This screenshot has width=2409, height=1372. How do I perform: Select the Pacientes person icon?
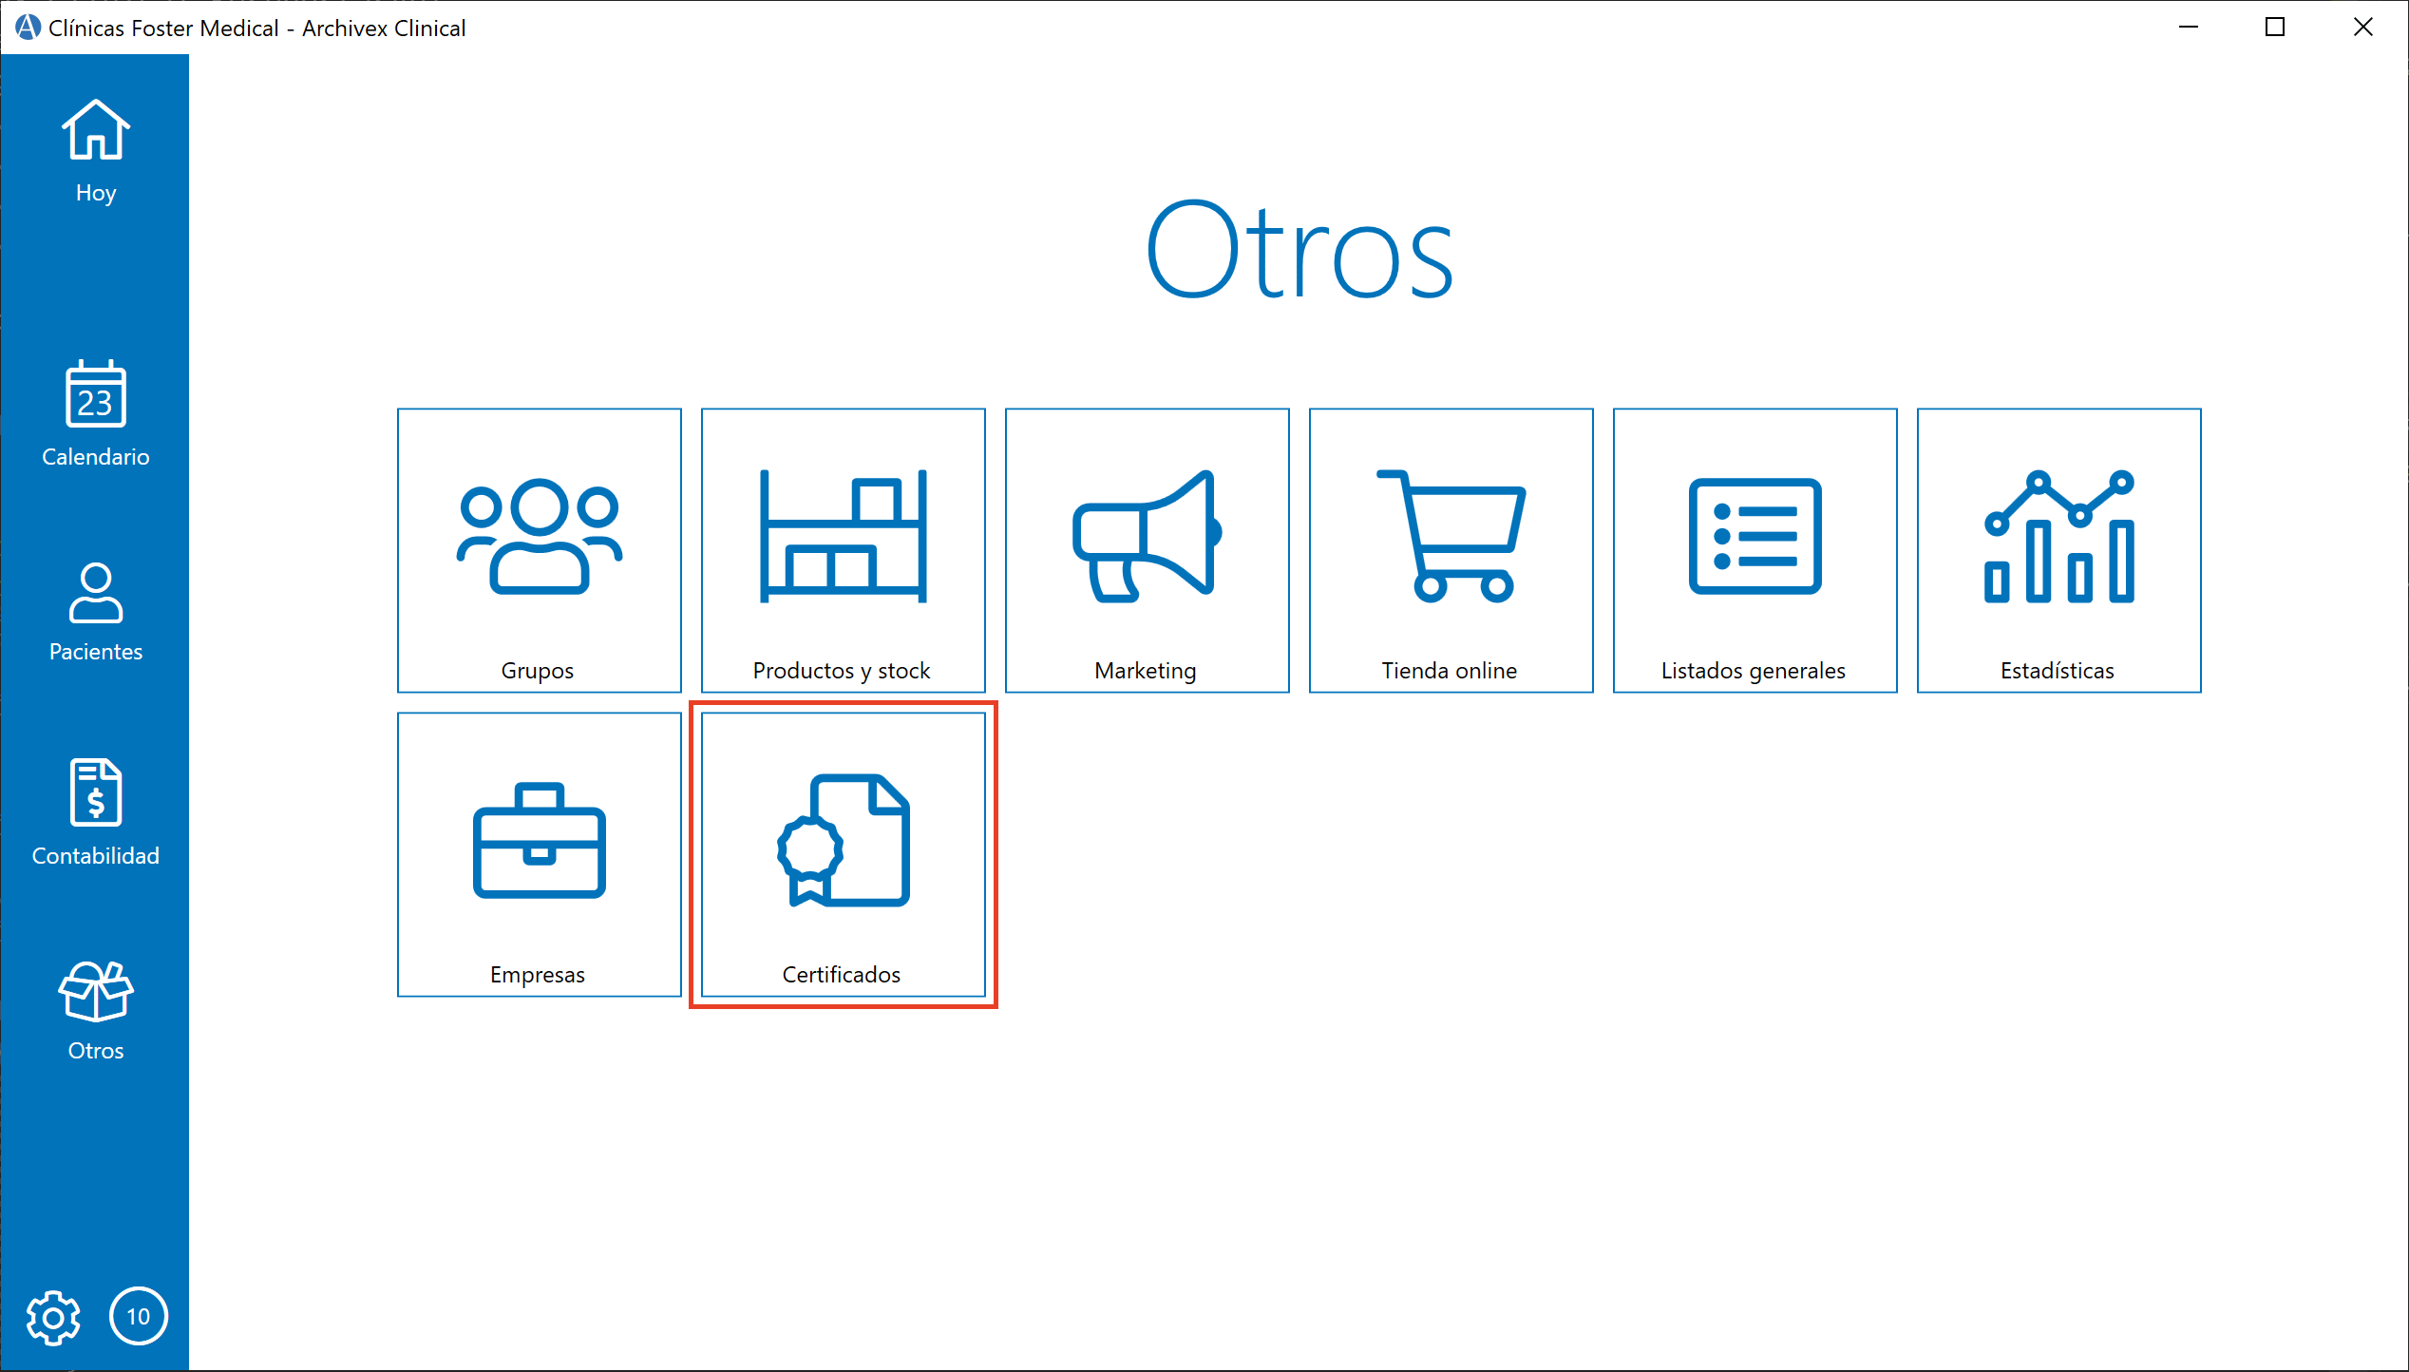95,593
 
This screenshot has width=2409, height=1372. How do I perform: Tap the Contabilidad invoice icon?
95,792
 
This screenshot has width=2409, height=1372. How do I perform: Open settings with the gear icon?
53,1317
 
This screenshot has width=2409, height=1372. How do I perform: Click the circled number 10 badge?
139,1317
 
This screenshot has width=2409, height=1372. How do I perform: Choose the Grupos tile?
539,550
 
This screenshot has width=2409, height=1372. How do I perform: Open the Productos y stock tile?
843,550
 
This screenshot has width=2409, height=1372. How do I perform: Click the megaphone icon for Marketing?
1147,537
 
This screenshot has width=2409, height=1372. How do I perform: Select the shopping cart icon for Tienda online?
1451,537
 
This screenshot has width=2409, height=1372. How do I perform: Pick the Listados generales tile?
1755,550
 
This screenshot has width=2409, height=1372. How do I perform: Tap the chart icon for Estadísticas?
2058,537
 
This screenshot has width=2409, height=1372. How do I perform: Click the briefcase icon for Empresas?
539,841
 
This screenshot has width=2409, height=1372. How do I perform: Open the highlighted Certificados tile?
843,854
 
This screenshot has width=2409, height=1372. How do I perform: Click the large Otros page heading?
1299,251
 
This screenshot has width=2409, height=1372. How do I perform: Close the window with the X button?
2363,28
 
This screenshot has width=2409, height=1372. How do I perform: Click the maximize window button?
2275,28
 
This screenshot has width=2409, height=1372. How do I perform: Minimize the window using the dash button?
2189,28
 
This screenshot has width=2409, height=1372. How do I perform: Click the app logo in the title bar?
28,28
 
